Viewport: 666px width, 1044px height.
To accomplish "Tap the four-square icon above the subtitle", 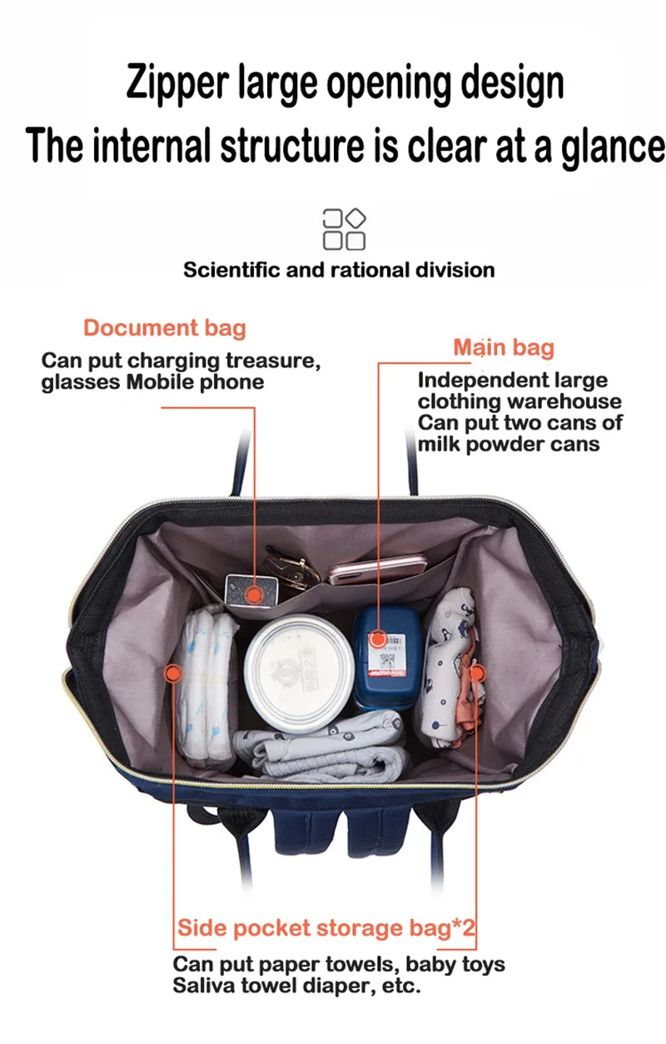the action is pyautogui.click(x=344, y=229).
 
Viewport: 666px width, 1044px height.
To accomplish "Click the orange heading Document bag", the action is pyautogui.click(x=165, y=328).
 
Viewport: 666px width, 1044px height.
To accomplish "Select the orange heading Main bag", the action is pyautogui.click(x=503, y=347).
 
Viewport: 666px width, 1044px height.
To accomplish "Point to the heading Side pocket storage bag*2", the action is pyautogui.click(x=326, y=927).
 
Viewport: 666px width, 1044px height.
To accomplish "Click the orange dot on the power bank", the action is pyautogui.click(x=250, y=594).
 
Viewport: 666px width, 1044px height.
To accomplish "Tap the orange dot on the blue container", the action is pyautogui.click(x=377, y=639).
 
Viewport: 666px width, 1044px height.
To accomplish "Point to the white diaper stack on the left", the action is pyautogui.click(x=206, y=683).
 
